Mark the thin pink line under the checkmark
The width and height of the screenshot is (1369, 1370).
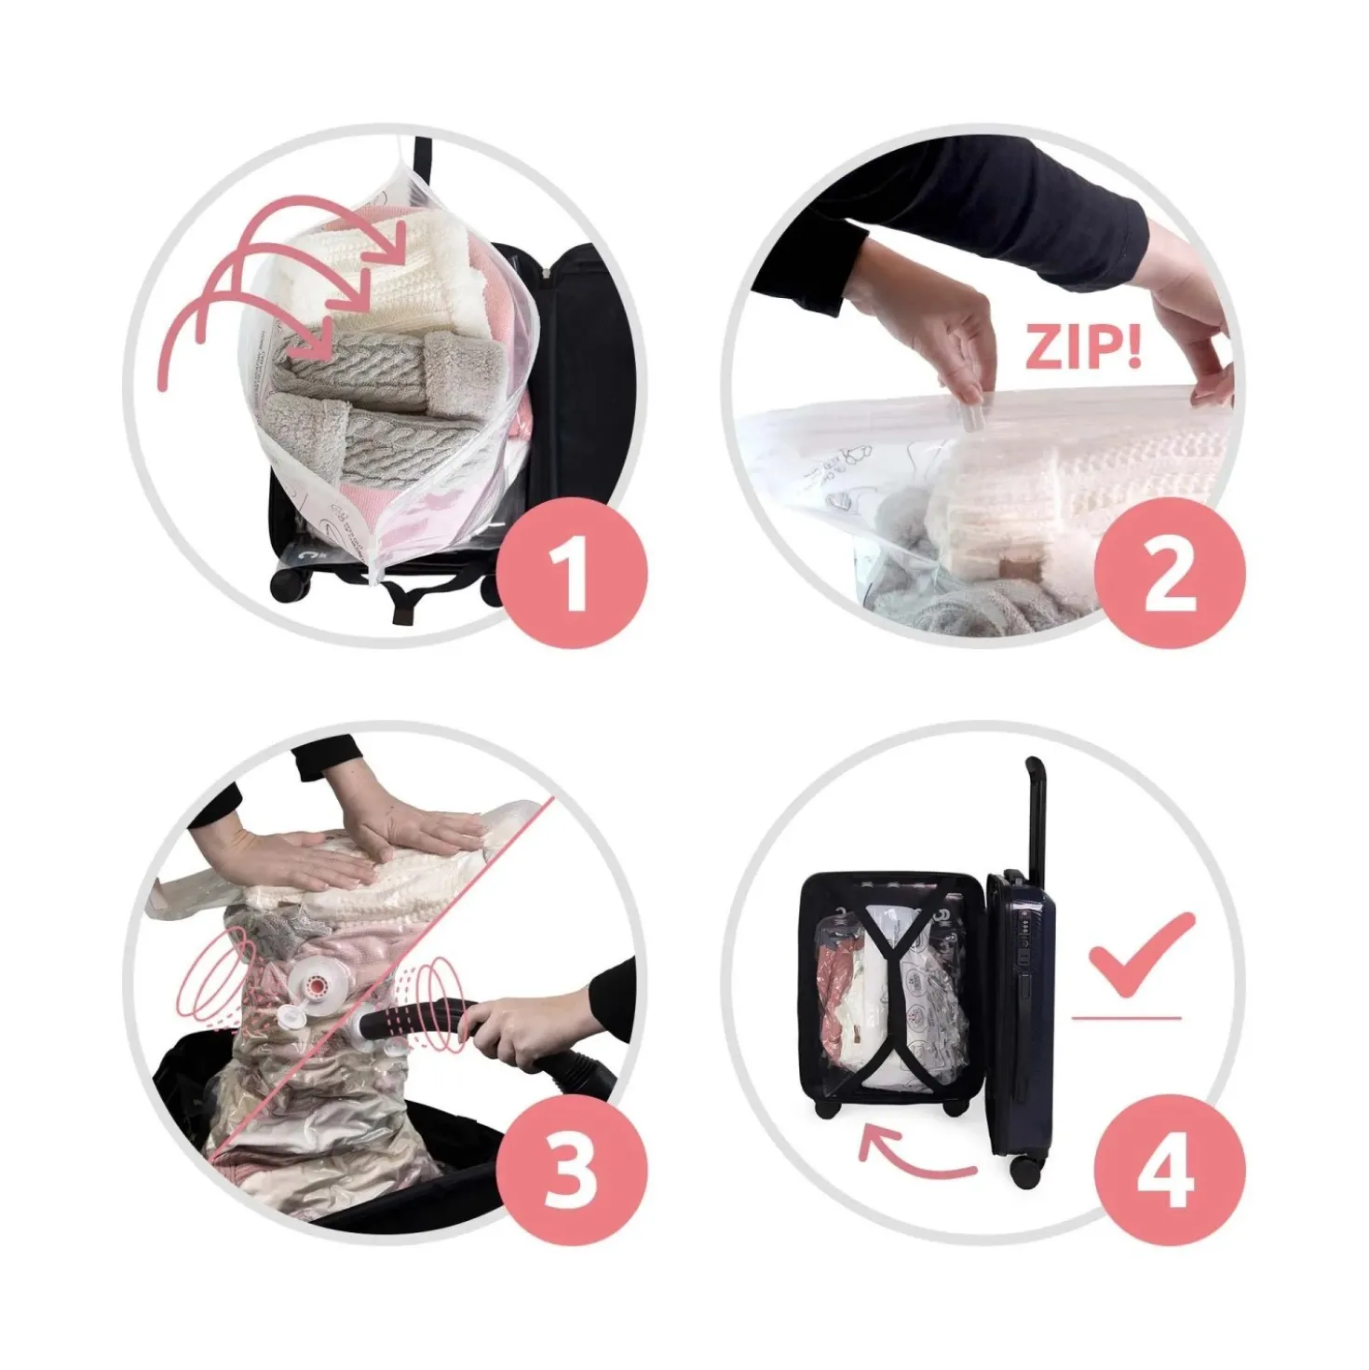click(1126, 1018)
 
